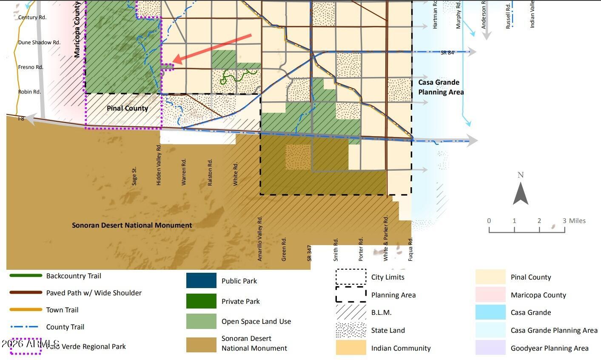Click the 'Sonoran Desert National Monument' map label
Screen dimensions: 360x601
click(132, 225)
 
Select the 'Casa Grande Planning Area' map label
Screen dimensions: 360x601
click(441, 87)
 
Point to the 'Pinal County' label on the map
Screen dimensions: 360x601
click(127, 108)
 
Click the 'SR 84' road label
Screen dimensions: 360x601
click(447, 53)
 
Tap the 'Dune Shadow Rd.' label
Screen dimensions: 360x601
click(39, 43)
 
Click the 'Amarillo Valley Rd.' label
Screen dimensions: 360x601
click(260, 238)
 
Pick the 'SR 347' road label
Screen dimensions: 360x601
click(310, 252)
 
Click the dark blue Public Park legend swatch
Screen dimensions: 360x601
click(201, 281)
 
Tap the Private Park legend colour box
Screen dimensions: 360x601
click(201, 301)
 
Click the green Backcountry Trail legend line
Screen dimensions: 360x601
click(26, 276)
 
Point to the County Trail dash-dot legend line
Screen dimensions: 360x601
click(26, 327)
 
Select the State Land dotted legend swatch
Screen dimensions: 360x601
click(351, 330)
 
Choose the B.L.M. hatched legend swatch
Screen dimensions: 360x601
click(351, 312)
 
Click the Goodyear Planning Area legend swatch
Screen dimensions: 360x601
click(490, 348)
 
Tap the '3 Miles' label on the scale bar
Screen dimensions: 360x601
click(574, 220)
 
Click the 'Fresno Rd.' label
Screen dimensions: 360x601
click(31, 67)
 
